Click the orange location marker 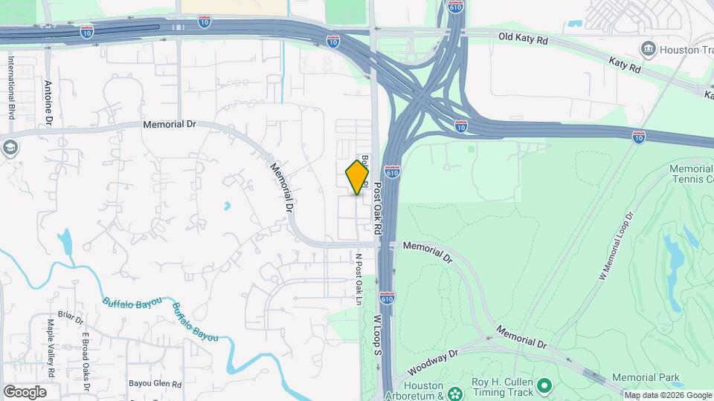pyautogui.click(x=357, y=177)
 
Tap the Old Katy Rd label pyautogui.click(x=523, y=37)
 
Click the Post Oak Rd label pyautogui.click(x=377, y=209)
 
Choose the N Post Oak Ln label pyautogui.click(x=358, y=279)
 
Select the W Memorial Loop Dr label pyautogui.click(x=616, y=246)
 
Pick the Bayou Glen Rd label pyautogui.click(x=155, y=384)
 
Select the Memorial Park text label pyautogui.click(x=646, y=378)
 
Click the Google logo pyautogui.click(x=25, y=391)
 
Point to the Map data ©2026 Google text pyautogui.click(x=668, y=395)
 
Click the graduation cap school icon pyautogui.click(x=10, y=147)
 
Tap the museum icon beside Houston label pyautogui.click(x=648, y=50)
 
